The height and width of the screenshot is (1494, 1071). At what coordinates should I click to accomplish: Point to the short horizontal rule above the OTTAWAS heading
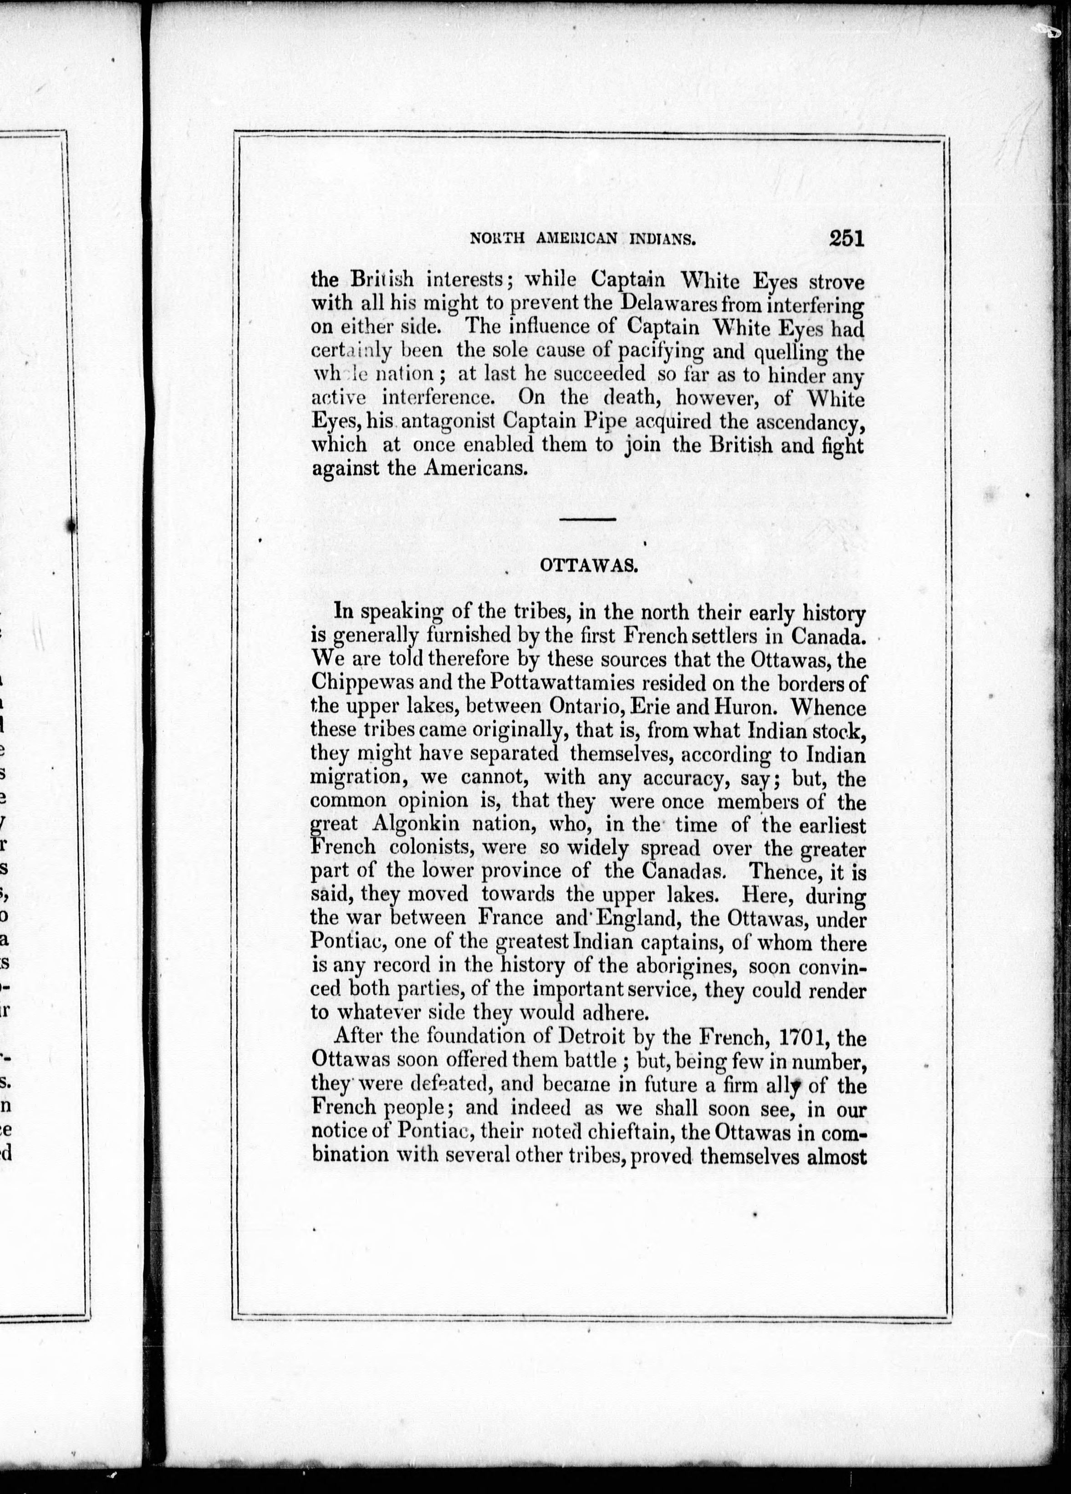click(587, 520)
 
